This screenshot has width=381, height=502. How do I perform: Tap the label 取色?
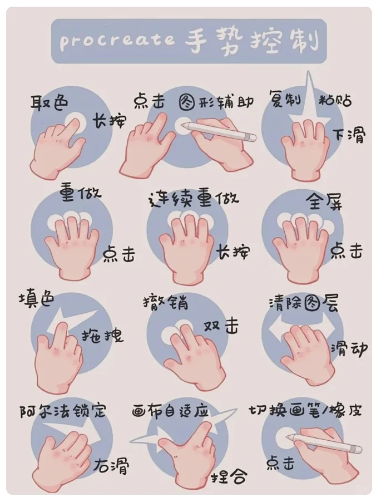(x=50, y=102)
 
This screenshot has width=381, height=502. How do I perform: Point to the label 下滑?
(x=349, y=135)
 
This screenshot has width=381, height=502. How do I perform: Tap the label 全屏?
(x=324, y=200)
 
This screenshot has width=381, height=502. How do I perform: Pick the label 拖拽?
(x=102, y=335)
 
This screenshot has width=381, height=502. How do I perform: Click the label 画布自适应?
(x=170, y=411)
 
